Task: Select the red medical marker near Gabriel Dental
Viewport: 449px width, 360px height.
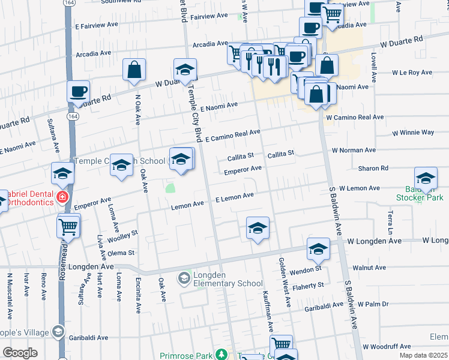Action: coord(61,197)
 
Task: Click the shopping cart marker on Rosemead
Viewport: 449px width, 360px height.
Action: coord(69,227)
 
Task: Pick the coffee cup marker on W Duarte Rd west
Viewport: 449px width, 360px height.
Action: coord(79,92)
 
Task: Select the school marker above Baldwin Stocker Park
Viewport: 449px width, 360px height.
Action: coord(426,178)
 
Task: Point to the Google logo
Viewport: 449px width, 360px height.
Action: coord(20,353)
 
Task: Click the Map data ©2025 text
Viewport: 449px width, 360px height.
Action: coord(422,355)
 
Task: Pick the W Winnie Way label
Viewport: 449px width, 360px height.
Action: coord(413,132)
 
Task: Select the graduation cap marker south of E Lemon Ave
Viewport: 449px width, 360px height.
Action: coord(258,228)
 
